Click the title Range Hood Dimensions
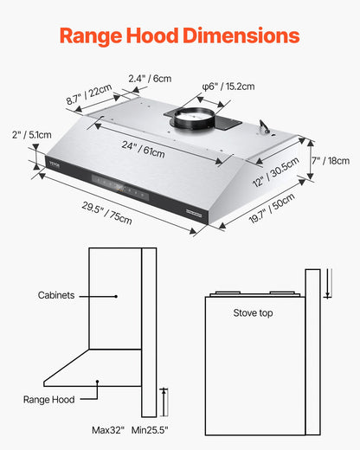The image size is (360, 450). pyautogui.click(x=180, y=35)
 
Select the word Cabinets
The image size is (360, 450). pyautogui.click(x=57, y=295)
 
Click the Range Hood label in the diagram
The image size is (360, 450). pyautogui.click(x=48, y=399)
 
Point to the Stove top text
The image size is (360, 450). pyautogui.click(x=253, y=312)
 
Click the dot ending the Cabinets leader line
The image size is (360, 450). pyautogui.click(x=115, y=295)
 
